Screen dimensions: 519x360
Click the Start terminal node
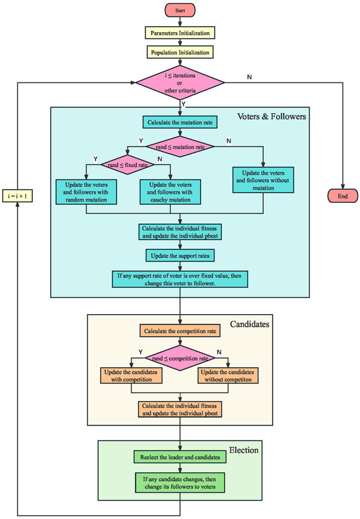[x=180, y=10]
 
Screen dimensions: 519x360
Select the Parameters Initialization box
[x=180, y=31]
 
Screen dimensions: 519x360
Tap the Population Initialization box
[x=180, y=52]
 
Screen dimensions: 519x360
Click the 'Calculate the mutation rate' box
[x=180, y=122]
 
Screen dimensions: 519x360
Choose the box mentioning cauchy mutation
[x=170, y=191]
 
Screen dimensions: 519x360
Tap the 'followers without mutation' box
[x=263, y=178]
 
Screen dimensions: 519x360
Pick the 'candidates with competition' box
[x=131, y=376]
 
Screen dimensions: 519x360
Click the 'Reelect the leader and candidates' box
[x=180, y=456]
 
